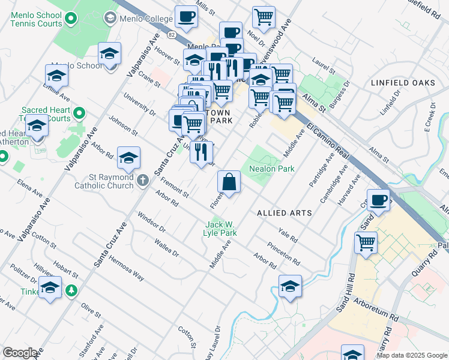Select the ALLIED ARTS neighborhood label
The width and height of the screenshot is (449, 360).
pyautogui.click(x=285, y=213)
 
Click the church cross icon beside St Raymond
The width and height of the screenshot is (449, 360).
pyautogui.click(x=143, y=179)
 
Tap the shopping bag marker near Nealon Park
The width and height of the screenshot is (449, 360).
pyautogui.click(x=229, y=182)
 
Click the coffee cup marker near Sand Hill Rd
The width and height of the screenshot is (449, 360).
pyautogui.click(x=378, y=200)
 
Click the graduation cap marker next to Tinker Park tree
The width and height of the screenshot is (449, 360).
pyautogui.click(x=50, y=287)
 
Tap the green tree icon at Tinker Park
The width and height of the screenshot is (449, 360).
pyautogui.click(x=71, y=290)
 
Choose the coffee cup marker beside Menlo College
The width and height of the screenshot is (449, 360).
pyautogui.click(x=186, y=17)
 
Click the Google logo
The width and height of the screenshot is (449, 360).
pyautogui.click(x=20, y=353)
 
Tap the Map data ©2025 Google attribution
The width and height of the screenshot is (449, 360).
pyautogui.click(x=411, y=355)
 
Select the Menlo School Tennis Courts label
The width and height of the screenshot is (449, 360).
pyautogui.click(x=36, y=19)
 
